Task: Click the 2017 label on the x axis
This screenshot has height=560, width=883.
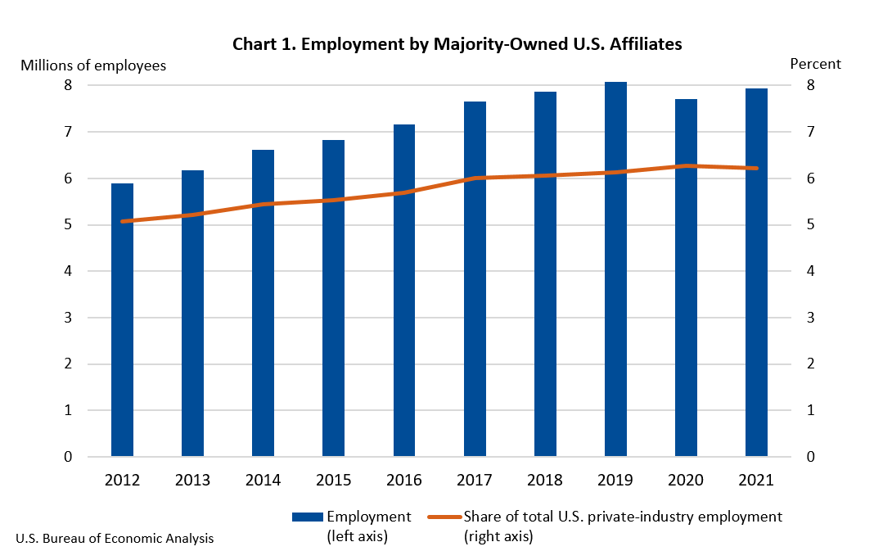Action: tap(475, 481)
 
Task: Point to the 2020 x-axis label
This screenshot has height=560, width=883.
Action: tap(686, 481)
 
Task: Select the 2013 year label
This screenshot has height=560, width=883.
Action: tap(192, 481)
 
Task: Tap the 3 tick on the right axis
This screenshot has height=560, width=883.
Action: tap(810, 318)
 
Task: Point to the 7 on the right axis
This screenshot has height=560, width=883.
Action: tap(810, 132)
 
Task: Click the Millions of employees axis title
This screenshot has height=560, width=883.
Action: tap(93, 65)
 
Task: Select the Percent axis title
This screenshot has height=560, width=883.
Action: tap(815, 64)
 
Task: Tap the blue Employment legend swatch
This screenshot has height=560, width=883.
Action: tap(307, 517)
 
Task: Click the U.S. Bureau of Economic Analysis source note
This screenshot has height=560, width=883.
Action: tap(115, 538)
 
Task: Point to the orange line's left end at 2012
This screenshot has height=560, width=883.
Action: tap(122, 221)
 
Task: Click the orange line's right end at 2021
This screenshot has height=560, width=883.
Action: tap(756, 168)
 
